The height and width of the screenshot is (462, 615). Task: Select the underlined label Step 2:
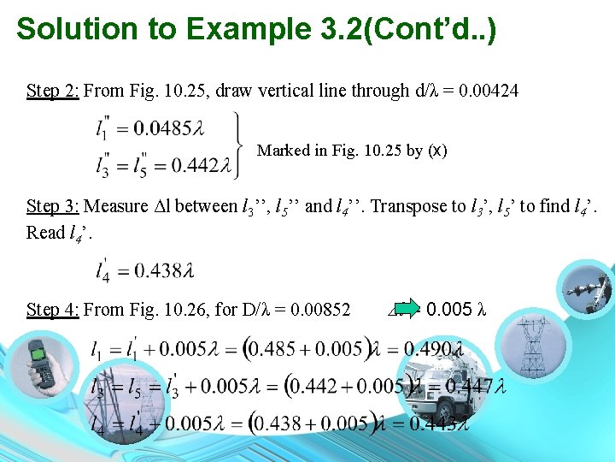point(53,91)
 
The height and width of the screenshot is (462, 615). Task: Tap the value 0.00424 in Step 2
point(489,91)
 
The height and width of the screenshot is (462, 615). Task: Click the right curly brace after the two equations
point(236,146)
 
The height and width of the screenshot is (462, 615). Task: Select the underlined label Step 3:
point(53,206)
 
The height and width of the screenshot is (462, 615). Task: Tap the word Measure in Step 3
point(114,206)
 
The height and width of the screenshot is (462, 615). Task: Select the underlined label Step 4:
point(53,310)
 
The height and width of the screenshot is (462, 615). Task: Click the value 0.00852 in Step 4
point(319,310)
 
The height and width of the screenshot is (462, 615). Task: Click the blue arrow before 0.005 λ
point(410,308)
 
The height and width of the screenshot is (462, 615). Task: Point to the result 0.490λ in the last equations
point(434,349)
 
